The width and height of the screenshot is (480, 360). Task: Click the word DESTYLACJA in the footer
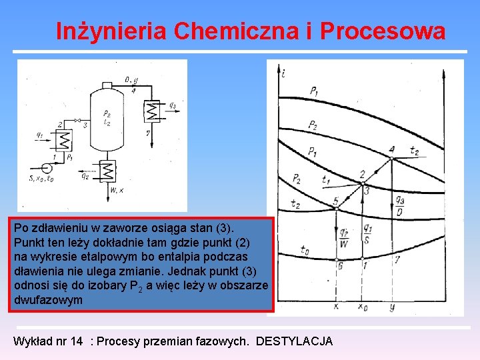[294, 342]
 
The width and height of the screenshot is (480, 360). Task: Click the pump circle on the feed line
[46, 167]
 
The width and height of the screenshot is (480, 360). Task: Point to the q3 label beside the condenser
[172, 105]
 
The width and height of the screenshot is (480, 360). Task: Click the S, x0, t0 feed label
[41, 178]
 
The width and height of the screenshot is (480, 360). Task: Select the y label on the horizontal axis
[391, 307]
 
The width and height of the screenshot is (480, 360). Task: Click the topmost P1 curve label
[313, 91]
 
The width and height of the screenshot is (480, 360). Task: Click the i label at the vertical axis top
[284, 73]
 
